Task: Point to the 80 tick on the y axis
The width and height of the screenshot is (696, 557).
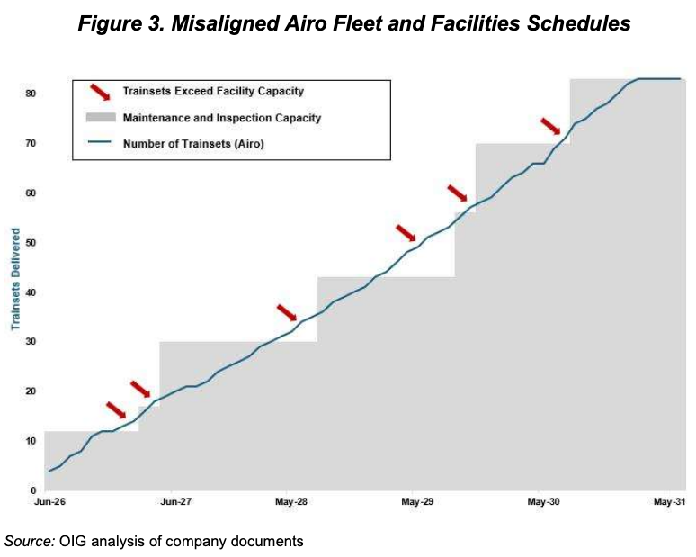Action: tap(30, 94)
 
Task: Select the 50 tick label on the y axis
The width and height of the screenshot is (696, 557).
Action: tap(30, 243)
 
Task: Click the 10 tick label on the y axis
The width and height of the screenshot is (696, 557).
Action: tap(30, 441)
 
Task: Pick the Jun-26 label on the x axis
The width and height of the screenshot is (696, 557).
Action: tap(49, 501)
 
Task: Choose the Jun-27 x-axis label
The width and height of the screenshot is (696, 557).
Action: tap(174, 501)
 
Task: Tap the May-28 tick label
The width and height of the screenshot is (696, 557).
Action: tap(292, 501)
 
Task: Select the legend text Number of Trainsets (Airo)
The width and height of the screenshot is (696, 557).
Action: tap(193, 143)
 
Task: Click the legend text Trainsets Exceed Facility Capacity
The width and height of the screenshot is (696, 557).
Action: tap(213, 91)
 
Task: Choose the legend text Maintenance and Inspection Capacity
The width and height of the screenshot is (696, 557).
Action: tap(222, 118)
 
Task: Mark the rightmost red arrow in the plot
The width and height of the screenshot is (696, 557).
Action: tap(550, 126)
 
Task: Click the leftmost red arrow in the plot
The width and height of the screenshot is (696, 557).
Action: tap(116, 410)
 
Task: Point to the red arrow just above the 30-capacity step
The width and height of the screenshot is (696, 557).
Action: tap(286, 312)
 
